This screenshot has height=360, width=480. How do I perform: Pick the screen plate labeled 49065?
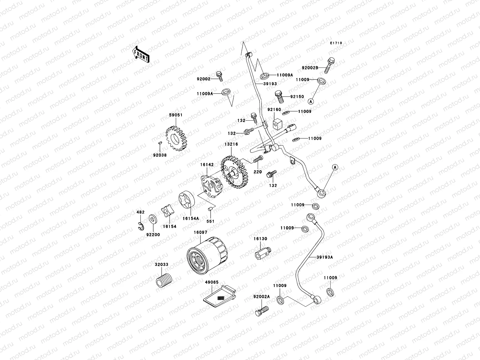pyautogui.click(x=218, y=297)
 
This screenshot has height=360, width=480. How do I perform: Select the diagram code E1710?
pyautogui.click(x=336, y=43)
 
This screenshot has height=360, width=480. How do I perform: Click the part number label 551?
pyautogui.click(x=210, y=221)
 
